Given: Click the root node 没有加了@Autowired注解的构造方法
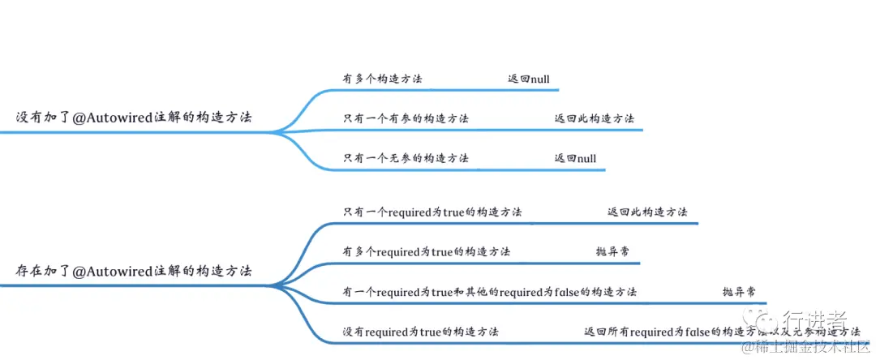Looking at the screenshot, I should coord(134,117).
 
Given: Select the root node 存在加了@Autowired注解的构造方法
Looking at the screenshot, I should coord(134,271).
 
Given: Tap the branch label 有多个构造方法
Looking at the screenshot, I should coord(382,79).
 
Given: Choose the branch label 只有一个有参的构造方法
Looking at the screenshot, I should coord(406,118).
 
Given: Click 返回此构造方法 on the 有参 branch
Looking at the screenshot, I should coord(595,118).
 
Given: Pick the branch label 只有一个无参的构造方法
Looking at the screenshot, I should coord(406,158).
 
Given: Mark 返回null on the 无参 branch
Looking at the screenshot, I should coord(575,158).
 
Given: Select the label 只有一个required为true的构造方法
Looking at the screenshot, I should coord(432,212).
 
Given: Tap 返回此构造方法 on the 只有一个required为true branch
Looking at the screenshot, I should coord(647,212).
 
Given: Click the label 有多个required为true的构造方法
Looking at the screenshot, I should coord(427,251).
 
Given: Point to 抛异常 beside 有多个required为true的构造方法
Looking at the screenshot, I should coord(612,251).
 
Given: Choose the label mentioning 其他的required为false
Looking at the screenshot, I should coord(489,291).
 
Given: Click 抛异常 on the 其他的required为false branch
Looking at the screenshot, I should coord(740,291).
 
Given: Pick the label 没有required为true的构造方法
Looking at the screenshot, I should coord(420,332).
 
